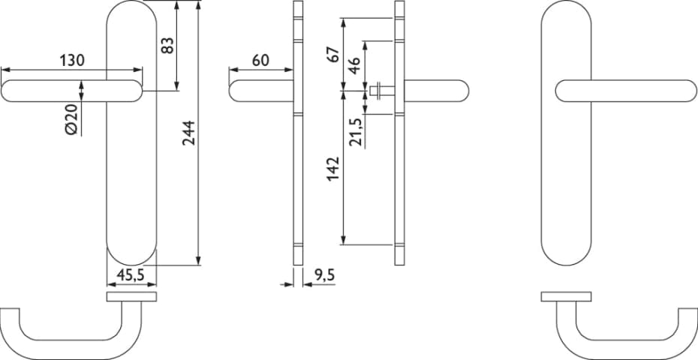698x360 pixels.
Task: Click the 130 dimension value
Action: pyautogui.click(x=72, y=60)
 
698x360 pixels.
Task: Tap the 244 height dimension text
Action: pyautogui.click(x=188, y=133)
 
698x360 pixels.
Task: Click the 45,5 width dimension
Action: pyautogui.click(x=130, y=275)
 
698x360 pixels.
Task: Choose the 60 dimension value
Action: pyautogui.click(x=260, y=60)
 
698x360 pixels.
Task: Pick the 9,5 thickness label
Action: pyautogui.click(x=324, y=275)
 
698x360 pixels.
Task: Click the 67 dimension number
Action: pyautogui.click(x=333, y=54)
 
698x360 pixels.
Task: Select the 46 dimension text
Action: pyautogui.click(x=355, y=65)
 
